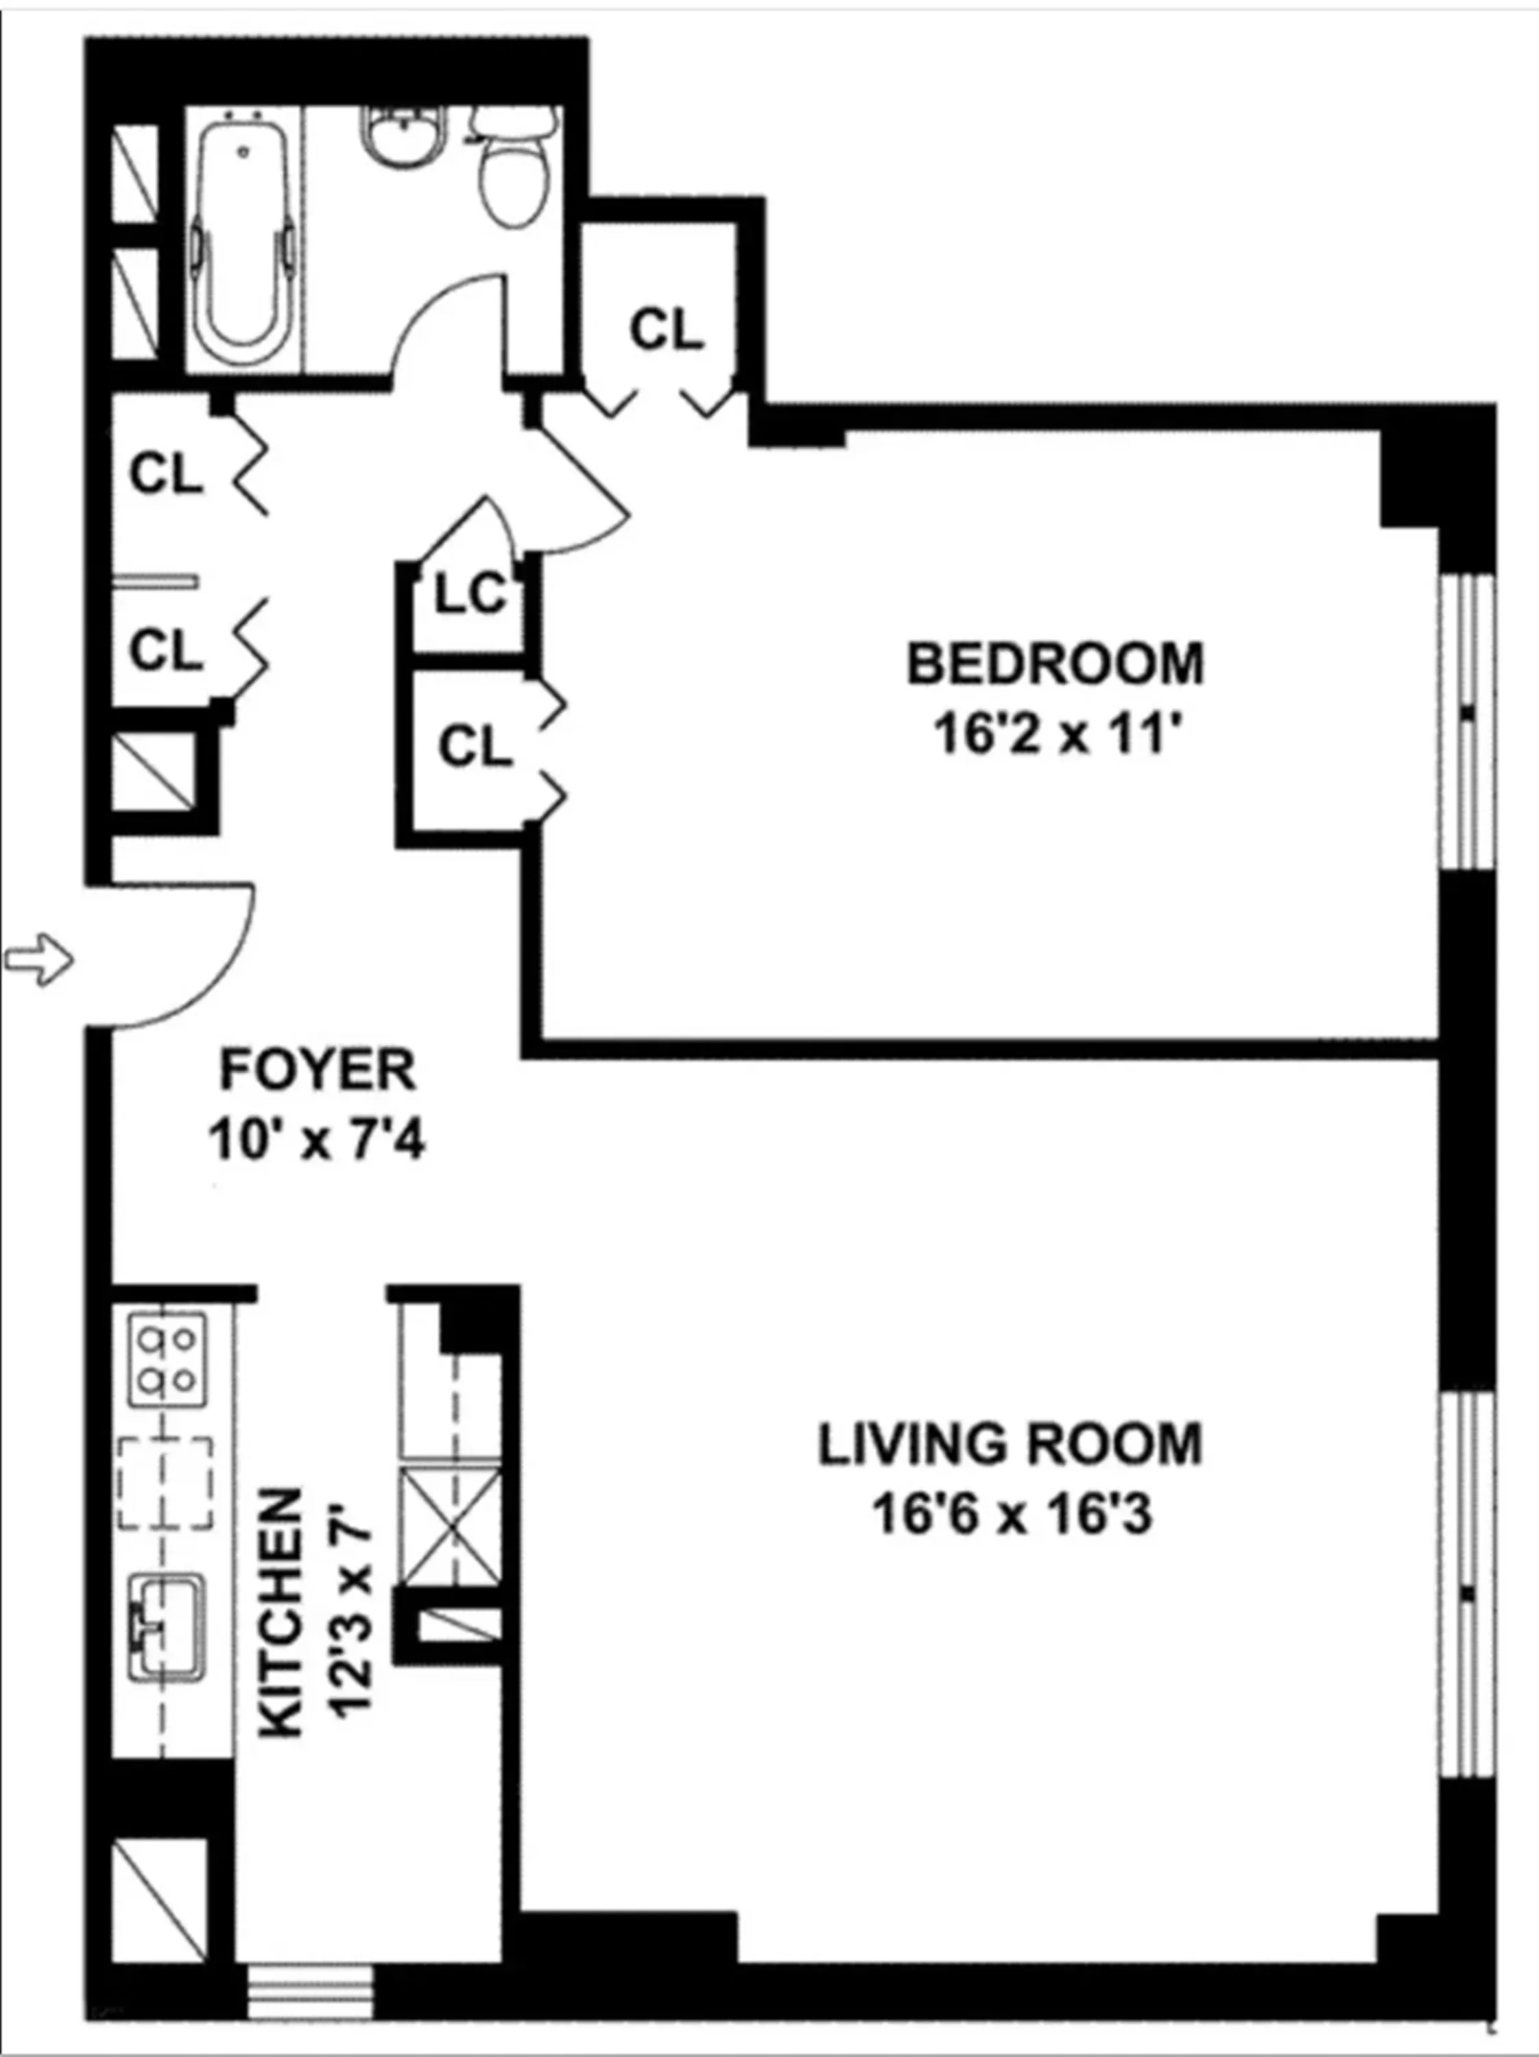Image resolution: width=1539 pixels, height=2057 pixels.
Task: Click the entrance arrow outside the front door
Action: (x=39, y=960)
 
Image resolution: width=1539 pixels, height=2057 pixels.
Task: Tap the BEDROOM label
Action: (x=1055, y=664)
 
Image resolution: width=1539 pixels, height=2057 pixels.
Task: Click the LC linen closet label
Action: (x=471, y=596)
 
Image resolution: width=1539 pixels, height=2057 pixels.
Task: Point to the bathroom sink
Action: (x=403, y=138)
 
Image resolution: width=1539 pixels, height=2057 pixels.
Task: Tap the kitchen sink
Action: (x=167, y=1626)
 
